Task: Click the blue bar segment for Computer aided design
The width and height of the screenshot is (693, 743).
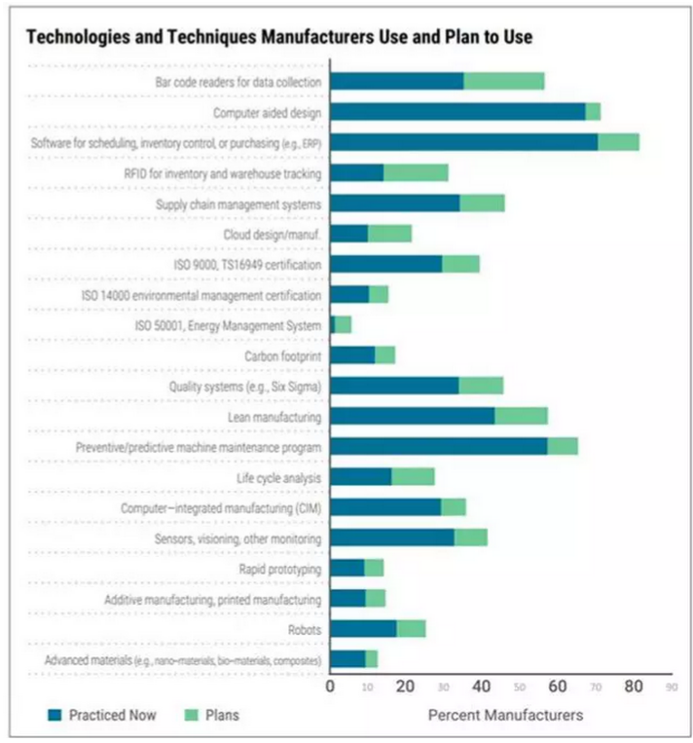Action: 457,112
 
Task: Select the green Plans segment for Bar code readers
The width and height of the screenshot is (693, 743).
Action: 503,81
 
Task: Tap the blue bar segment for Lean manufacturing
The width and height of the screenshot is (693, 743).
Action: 413,416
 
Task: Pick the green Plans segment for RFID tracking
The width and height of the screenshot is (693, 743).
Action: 416,172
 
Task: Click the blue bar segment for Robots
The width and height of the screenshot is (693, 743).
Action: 363,629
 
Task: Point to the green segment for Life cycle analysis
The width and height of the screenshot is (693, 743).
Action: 413,477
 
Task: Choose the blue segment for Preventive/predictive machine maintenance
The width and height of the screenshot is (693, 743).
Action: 438,446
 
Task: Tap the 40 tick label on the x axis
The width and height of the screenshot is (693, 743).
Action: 483,687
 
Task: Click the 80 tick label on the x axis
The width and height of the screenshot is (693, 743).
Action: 634,687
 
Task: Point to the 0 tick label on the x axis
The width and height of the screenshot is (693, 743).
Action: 331,687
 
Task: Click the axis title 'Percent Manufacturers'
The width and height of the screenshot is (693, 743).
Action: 505,716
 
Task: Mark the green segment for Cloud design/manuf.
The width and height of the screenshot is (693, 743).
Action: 389,234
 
